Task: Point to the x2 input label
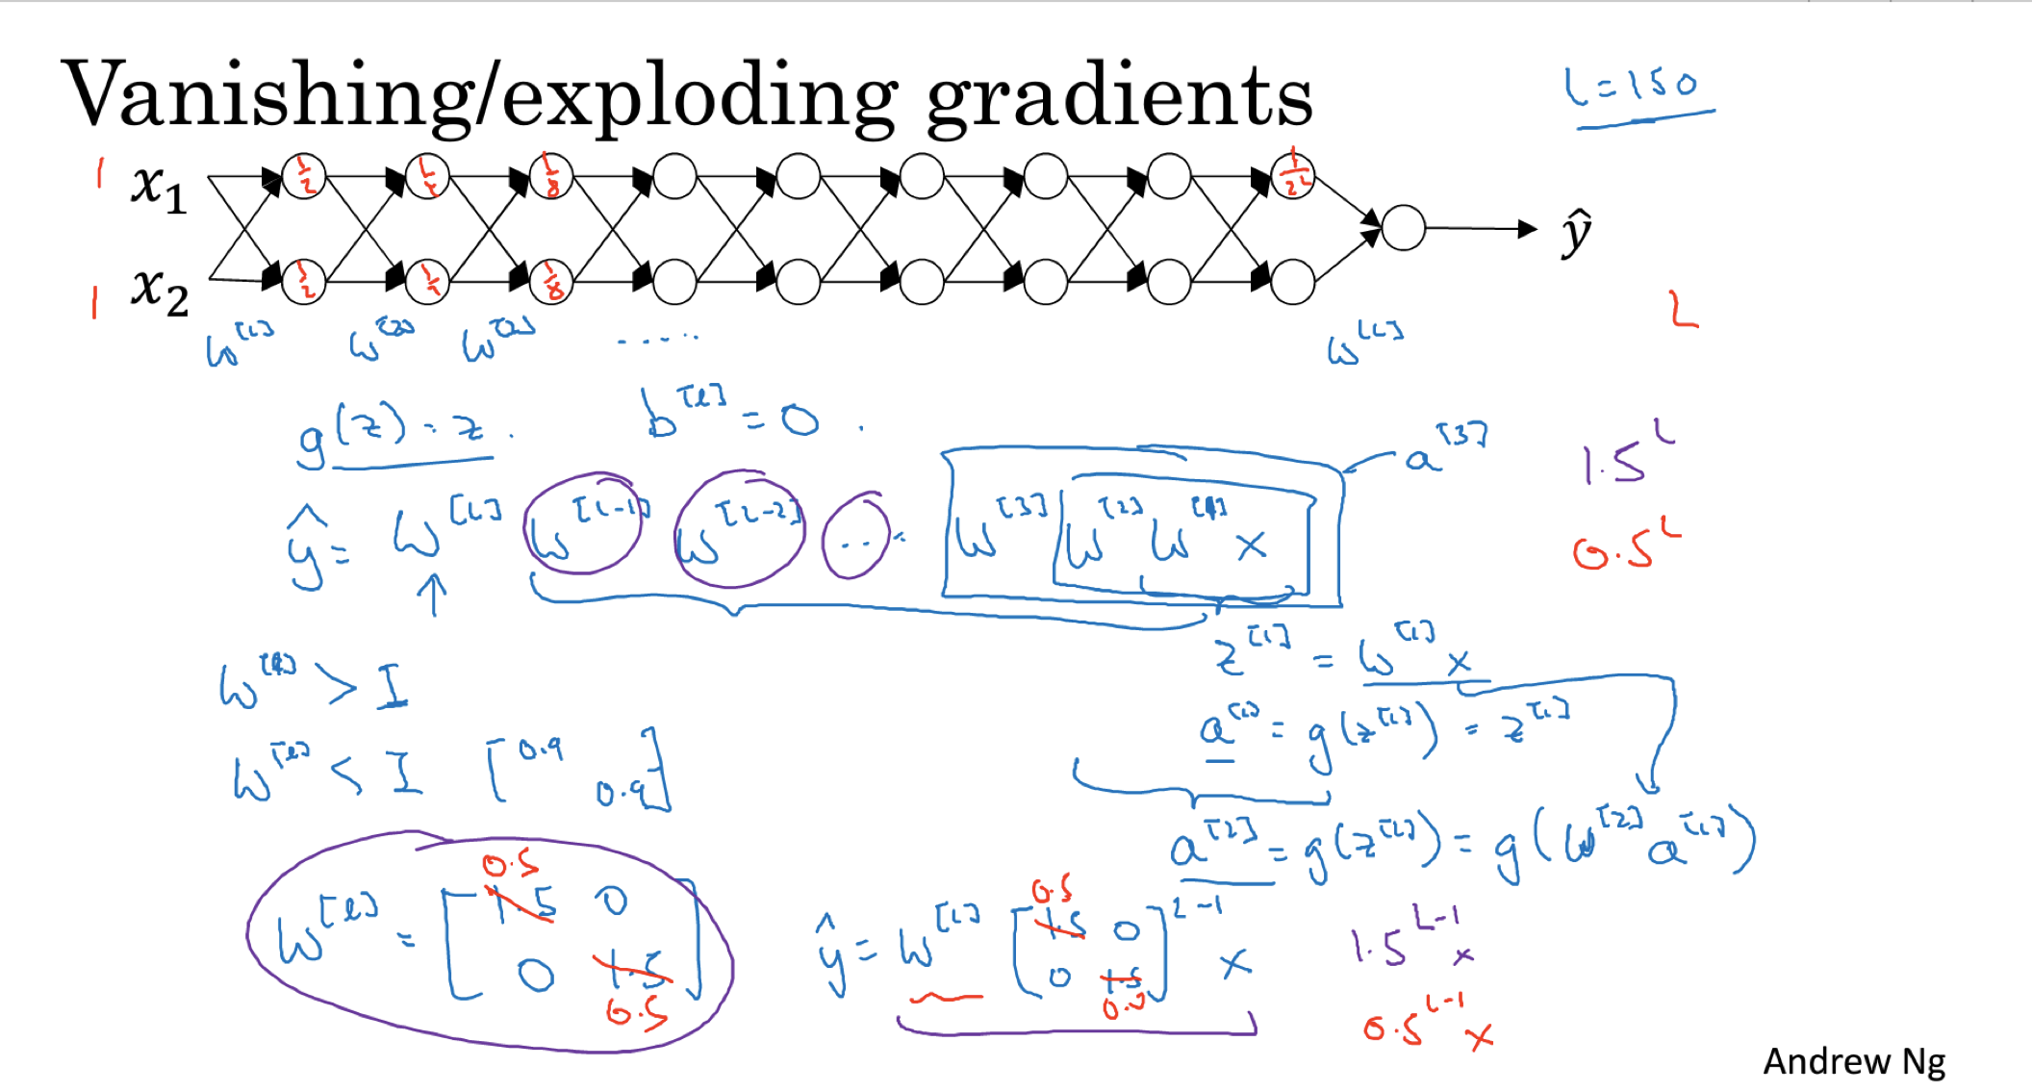click(160, 290)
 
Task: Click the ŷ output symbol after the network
click(1576, 232)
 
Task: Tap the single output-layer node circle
click(1403, 228)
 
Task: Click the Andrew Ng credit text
click(1853, 1061)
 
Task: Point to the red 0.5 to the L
click(1626, 546)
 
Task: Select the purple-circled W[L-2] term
click(739, 529)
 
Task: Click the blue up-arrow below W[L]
click(433, 595)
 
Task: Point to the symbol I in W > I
click(392, 687)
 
